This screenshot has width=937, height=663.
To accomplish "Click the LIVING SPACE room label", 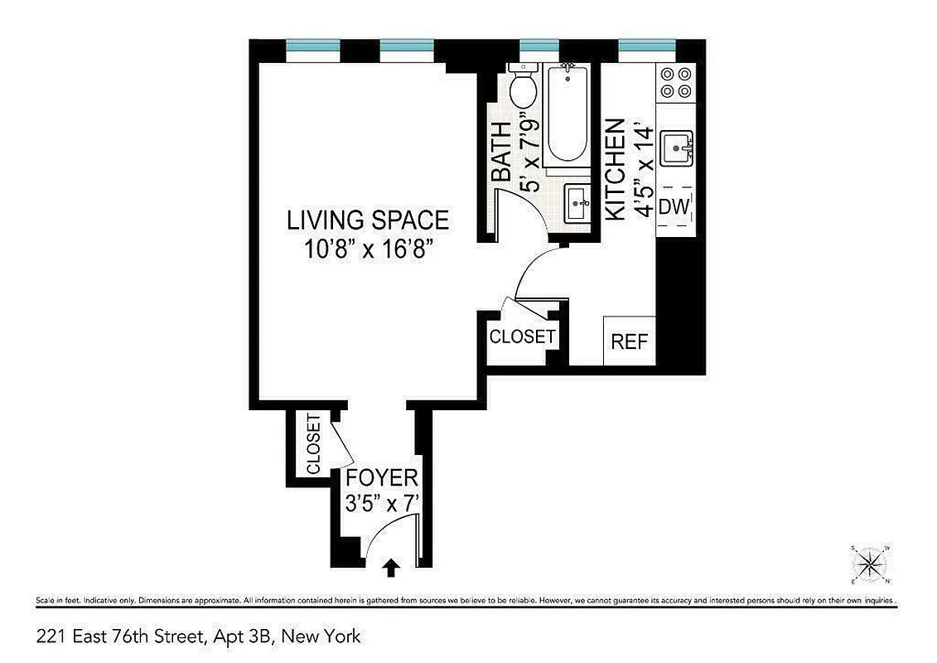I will [368, 220].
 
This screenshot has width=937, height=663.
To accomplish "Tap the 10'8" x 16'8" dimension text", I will [368, 249].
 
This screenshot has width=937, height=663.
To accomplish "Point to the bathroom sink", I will [578, 202].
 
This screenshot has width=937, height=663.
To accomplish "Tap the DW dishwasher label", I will [674, 207].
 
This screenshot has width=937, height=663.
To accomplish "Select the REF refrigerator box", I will [629, 341].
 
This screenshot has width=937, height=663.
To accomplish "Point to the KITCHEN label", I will [615, 170].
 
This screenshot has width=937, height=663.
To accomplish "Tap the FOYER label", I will [381, 478].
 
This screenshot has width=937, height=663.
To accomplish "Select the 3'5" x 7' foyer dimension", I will [381, 503].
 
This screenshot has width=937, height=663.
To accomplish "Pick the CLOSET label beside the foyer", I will [313, 444].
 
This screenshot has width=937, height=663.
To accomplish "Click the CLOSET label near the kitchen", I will [522, 337].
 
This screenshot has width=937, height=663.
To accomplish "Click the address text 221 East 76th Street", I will [199, 636].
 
